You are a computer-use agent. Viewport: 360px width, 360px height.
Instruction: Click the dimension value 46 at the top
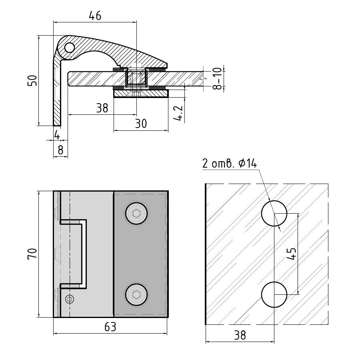pos(95,16)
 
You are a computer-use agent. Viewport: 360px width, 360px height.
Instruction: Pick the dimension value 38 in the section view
pos(102,108)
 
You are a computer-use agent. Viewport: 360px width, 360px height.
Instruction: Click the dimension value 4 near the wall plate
pos(57,135)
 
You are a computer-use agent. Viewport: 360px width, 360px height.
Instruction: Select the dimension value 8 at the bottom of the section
pos(60,150)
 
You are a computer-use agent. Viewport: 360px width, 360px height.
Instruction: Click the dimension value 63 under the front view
pos(110,327)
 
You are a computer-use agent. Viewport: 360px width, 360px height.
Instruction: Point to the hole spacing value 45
pos(292,254)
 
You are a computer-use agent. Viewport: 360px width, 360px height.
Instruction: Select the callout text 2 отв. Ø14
pos(229,164)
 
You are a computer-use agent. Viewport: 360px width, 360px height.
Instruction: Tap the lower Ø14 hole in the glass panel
pos(274,295)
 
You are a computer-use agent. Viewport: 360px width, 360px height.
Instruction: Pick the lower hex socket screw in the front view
pos(136,295)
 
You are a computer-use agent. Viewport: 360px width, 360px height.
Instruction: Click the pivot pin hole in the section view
pos(70,48)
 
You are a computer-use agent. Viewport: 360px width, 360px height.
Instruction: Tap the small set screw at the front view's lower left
pos(70,299)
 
